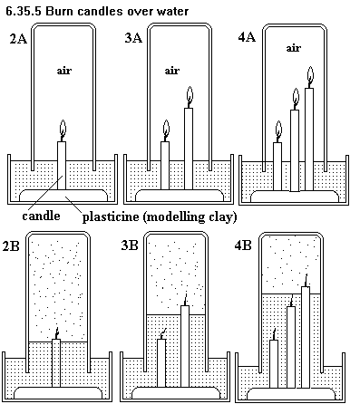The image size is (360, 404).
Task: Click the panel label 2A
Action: (18, 39)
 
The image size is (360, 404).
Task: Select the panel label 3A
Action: (133, 38)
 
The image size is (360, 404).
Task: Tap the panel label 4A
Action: (247, 37)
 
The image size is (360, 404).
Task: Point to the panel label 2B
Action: (11, 245)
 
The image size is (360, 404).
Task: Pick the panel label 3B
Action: (130, 245)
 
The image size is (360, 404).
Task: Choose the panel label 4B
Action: (243, 245)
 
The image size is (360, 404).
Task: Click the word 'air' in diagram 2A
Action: (64, 71)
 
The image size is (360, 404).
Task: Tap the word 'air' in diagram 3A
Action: (172, 71)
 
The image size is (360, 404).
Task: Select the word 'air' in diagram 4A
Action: (294, 48)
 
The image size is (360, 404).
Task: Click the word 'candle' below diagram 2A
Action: (41, 216)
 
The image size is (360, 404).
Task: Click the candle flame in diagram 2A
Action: (63, 129)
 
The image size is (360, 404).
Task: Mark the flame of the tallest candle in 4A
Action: (310, 74)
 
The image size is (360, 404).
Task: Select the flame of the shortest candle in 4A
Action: (278, 130)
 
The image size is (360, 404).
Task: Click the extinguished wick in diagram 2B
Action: (56, 333)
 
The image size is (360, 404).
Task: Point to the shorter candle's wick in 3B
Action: (163, 334)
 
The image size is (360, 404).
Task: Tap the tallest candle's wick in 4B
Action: (306, 280)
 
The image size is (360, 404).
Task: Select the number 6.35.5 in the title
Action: (24, 11)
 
